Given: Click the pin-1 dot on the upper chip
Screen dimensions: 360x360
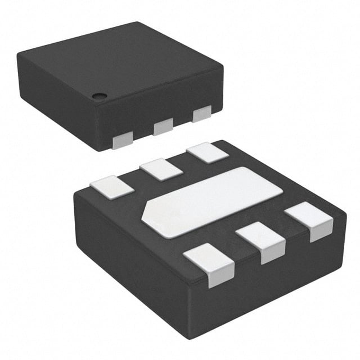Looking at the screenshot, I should pos(100,96).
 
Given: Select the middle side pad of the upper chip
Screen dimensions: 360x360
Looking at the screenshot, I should pos(163,127).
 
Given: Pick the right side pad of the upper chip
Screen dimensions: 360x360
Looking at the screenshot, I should pos(201,114).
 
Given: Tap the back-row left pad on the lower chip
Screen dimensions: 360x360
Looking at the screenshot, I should pos(112,187).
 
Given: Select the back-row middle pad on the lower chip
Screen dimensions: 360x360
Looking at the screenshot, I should pos(161,169).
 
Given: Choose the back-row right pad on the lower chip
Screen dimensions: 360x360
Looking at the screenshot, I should pos(208,153).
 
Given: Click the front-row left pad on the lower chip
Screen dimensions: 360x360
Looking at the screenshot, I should pos(209,264).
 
